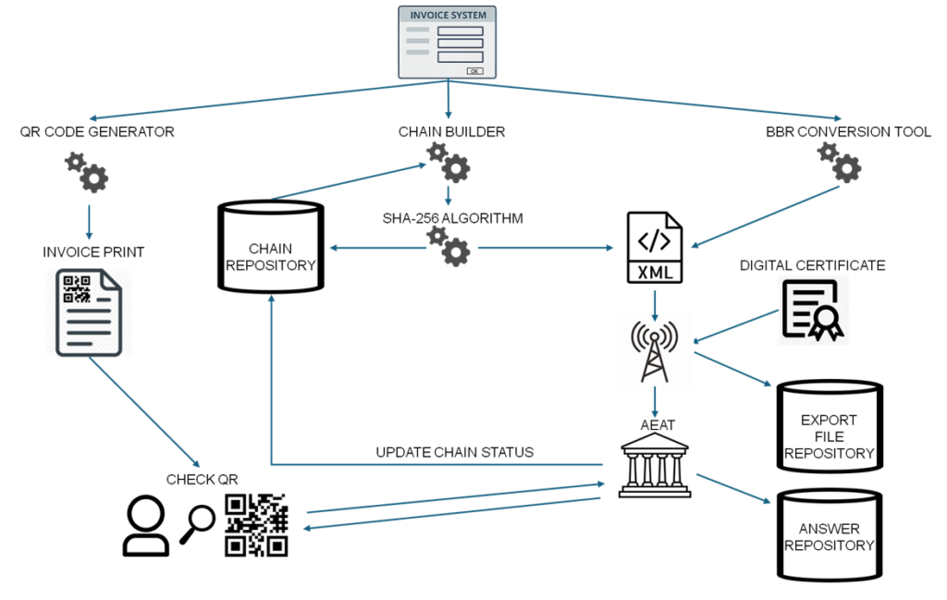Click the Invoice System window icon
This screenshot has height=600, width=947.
pos(448,43)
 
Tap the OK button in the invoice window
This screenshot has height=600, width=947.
pos(474,70)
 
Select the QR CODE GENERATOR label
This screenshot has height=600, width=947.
pos(97,131)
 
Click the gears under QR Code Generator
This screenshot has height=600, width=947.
pos(86,173)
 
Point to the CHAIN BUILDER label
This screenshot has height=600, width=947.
pos(451,131)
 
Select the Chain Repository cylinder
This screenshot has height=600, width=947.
pos(270,248)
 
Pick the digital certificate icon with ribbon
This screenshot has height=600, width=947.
pos(813,312)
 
